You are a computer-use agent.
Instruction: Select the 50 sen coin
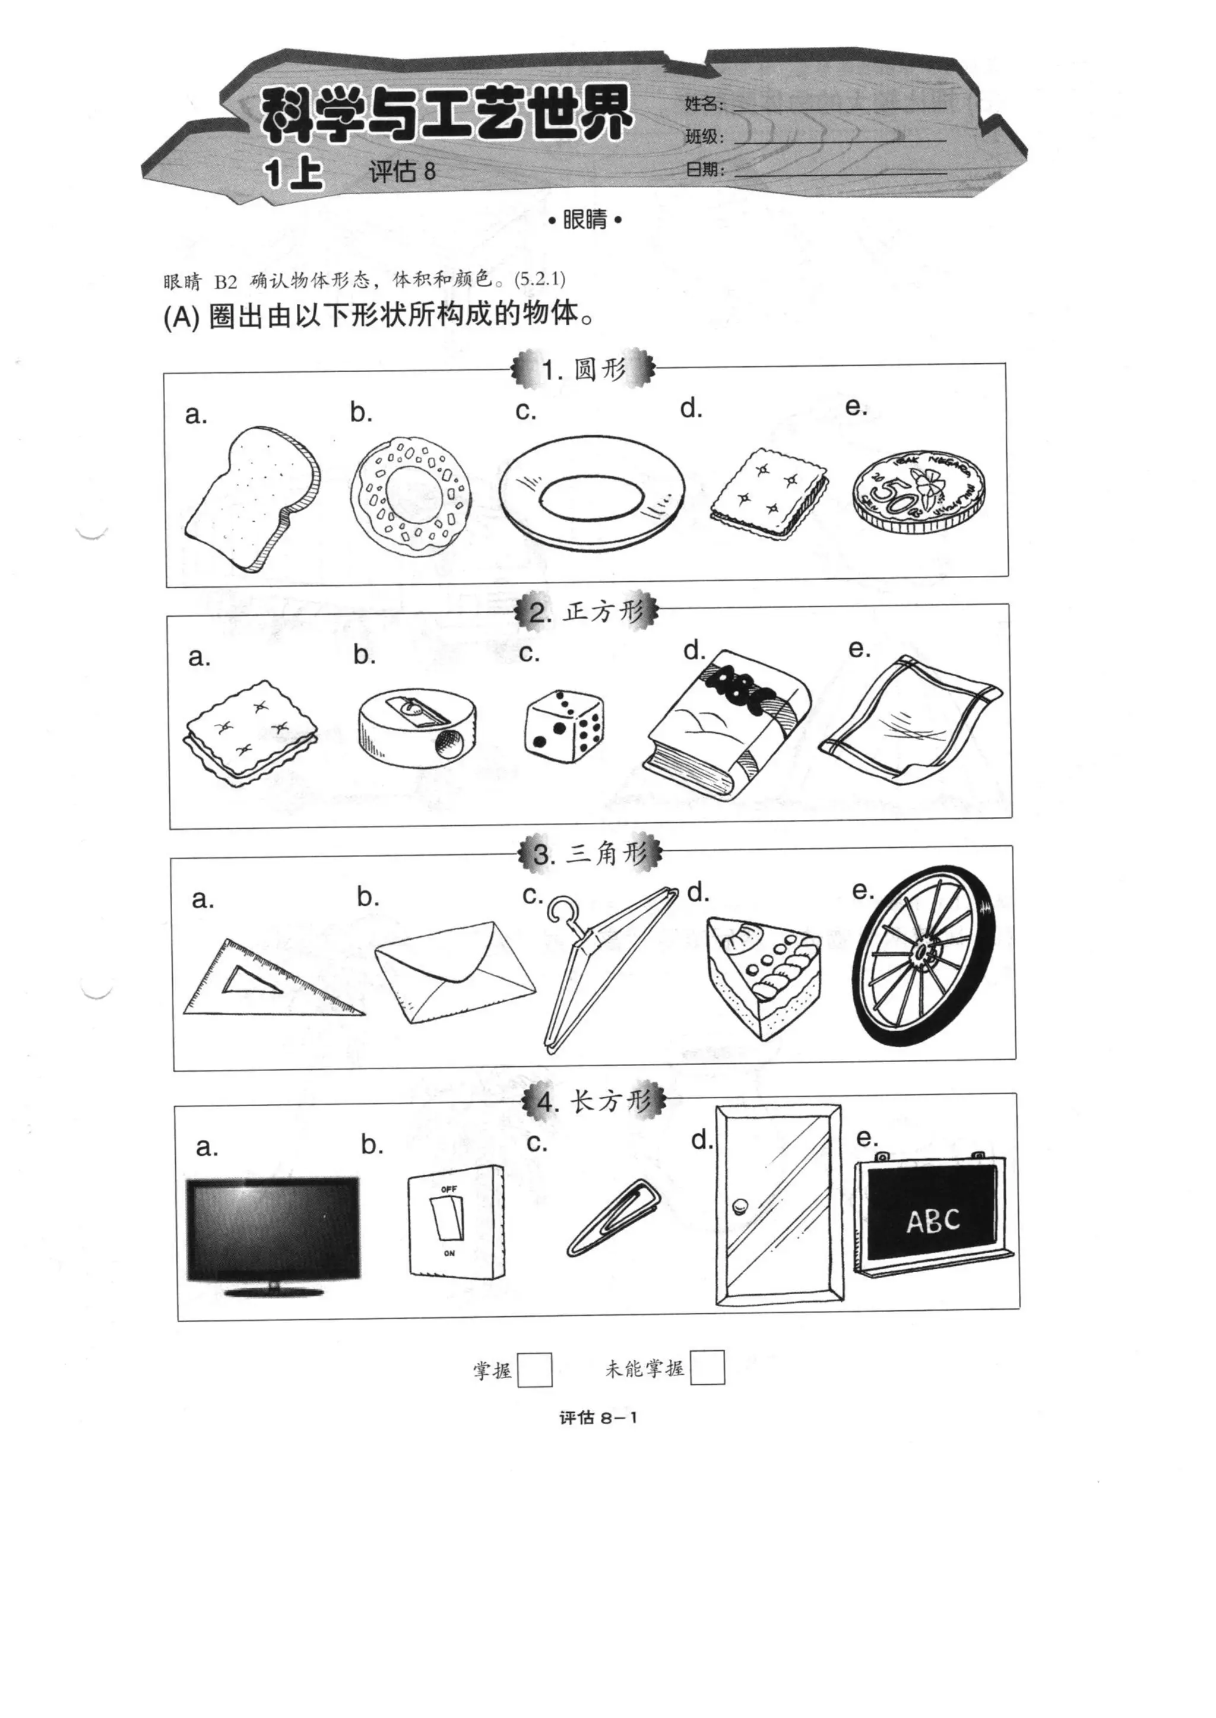pyautogui.click(x=918, y=491)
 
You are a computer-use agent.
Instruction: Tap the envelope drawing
pyautogui.click(x=454, y=971)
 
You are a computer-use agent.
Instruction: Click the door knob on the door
pyautogui.click(x=740, y=1206)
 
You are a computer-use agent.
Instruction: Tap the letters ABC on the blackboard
pyautogui.click(x=932, y=1221)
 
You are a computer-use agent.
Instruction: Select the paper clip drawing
pyautogui.click(x=613, y=1216)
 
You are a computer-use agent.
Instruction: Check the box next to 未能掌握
pyautogui.click(x=707, y=1368)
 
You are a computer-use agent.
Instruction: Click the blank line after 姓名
pyautogui.click(x=838, y=106)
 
